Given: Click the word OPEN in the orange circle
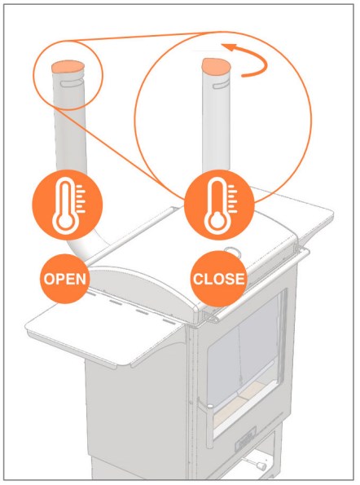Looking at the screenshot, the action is (x=65, y=279).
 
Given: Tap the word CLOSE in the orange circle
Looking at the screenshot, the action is (x=219, y=279).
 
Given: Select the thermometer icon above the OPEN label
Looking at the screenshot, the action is (x=68, y=205).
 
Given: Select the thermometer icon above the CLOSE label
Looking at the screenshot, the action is (x=220, y=205).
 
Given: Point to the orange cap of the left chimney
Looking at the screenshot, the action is (x=68, y=68).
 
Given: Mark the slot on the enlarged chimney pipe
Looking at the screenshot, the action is (x=221, y=85).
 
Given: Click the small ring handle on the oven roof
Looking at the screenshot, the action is (x=232, y=250).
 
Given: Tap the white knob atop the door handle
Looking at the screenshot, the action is (x=210, y=405).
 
